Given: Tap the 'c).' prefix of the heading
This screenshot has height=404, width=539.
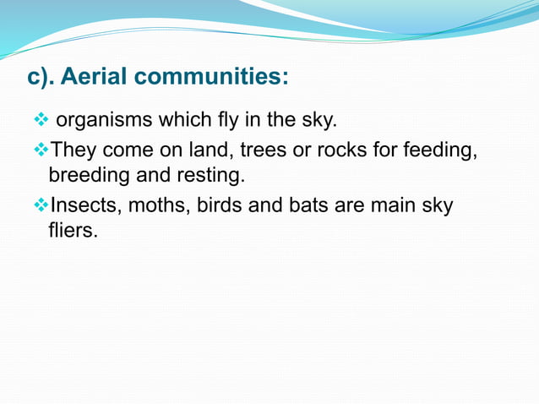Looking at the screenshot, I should click(42, 78).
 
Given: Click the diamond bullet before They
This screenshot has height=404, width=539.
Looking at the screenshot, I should click(40, 150).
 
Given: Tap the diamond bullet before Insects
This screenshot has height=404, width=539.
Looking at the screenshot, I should click(40, 205).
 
